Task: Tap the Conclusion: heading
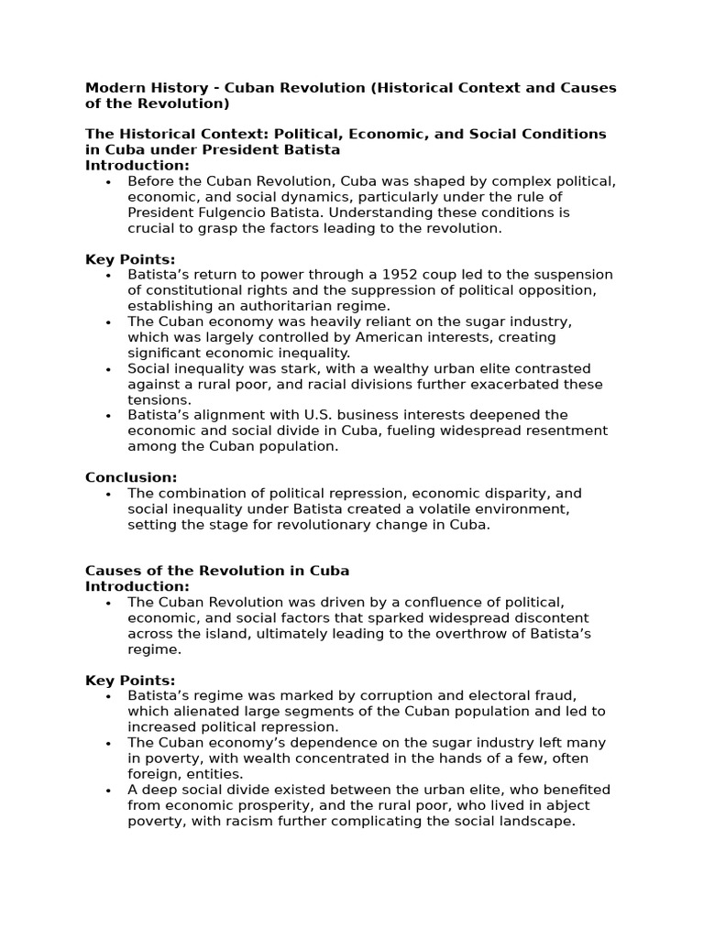tap(131, 477)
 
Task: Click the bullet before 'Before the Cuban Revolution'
tap(108, 181)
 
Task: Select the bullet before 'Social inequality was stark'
tap(108, 368)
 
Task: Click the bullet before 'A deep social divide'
tap(108, 790)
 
